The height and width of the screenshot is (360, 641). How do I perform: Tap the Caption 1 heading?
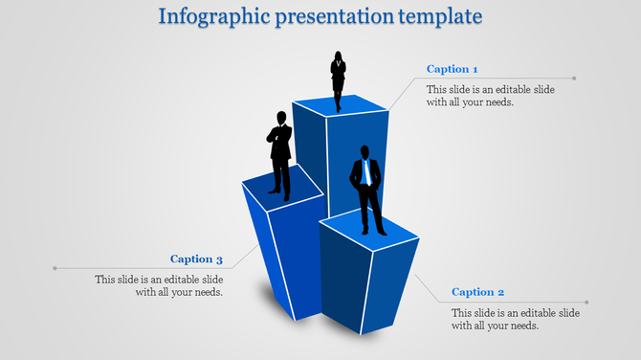pos(453,69)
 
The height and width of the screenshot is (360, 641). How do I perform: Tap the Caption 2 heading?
pos(477,292)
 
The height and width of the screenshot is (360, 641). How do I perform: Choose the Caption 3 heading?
pos(196,259)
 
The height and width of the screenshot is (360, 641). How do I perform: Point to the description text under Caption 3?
pos(160,285)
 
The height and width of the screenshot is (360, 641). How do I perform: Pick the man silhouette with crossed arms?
pos(279,153)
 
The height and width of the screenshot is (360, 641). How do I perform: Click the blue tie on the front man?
pos(365,173)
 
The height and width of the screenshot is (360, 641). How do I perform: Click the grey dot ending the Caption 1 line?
pos(574,79)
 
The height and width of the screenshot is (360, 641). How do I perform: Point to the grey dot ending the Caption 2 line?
pos(586,302)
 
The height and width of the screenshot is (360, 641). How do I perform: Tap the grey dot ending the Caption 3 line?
pos(55,268)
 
